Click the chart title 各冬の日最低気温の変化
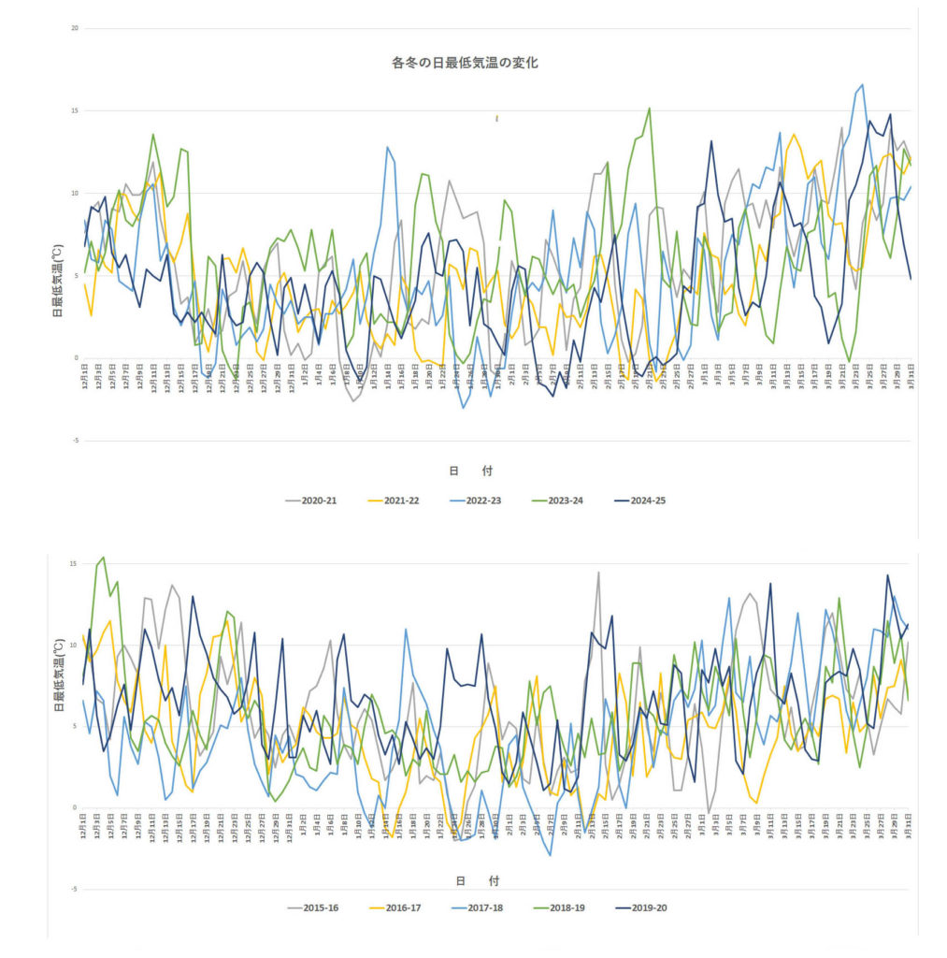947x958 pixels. coord(464,64)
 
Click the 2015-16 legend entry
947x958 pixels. coord(319,907)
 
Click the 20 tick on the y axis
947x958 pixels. coord(73,28)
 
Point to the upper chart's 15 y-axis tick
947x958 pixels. coord(73,111)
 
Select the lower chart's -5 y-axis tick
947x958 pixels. coord(73,890)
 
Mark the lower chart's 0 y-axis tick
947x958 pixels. coord(74,807)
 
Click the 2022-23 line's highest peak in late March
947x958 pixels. coord(862,85)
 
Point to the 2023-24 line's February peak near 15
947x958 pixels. coord(649,109)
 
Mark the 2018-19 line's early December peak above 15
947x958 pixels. coord(103,558)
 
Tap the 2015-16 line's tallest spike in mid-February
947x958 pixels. coord(598,573)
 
